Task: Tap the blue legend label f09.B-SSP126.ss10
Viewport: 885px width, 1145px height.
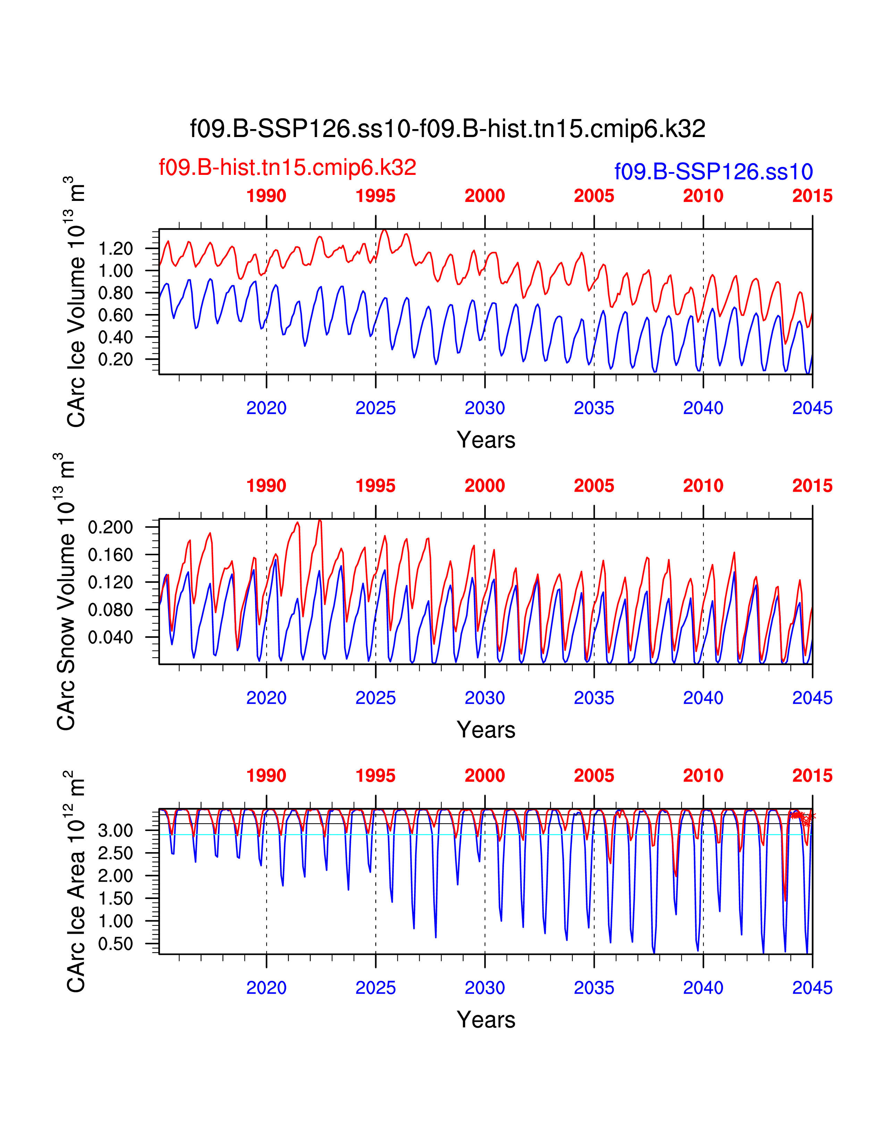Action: click(713, 172)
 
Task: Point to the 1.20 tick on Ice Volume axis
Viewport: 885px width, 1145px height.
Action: click(115, 248)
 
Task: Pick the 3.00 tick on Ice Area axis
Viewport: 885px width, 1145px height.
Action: click(115, 830)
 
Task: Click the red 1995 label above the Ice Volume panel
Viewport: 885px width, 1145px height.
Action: click(376, 196)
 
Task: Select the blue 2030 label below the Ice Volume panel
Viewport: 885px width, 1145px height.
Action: click(484, 408)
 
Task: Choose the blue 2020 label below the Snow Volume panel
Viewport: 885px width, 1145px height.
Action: click(266, 698)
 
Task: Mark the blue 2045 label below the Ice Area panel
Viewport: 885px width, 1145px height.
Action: click(812, 988)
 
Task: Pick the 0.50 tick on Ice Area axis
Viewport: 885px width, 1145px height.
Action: click(115, 944)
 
